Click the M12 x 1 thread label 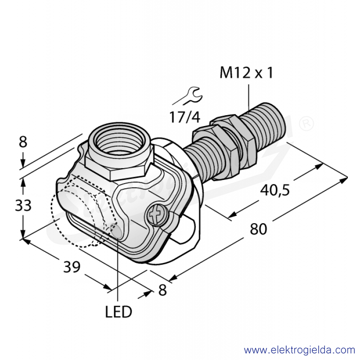click(246, 72)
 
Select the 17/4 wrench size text click(185, 117)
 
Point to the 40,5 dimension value click(275, 190)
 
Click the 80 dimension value click(258, 229)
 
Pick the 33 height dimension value click(23, 205)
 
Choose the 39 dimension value click(72, 267)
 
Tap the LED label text click(118, 312)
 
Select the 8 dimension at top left click(23, 142)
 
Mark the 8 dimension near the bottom click(162, 290)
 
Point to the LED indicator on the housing click(116, 231)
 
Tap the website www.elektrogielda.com click(300, 351)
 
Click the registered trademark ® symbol click(306, 123)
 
